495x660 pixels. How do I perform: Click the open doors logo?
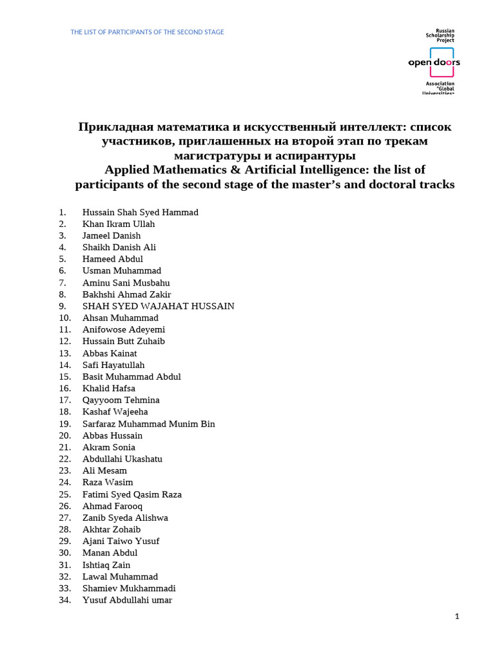pyautogui.click(x=434, y=63)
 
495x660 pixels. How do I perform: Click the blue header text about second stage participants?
pyautogui.click(x=148, y=32)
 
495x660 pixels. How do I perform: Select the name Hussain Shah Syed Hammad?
pyautogui.click(x=140, y=212)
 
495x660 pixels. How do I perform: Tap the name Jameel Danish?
pyautogui.click(x=111, y=236)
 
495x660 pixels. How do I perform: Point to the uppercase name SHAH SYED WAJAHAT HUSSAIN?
pyautogui.click(x=158, y=306)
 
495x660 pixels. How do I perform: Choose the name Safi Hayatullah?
pyautogui.click(x=113, y=365)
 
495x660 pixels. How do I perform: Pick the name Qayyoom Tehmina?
pyautogui.click(x=121, y=400)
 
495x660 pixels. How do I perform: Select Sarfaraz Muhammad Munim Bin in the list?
pyautogui.click(x=148, y=424)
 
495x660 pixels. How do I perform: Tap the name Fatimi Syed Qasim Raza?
pyautogui.click(x=131, y=494)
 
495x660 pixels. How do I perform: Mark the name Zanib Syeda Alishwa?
pyautogui.click(x=124, y=518)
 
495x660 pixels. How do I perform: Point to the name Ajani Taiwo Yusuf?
pyautogui.click(x=121, y=541)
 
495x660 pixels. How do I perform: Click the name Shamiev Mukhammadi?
pyautogui.click(x=129, y=588)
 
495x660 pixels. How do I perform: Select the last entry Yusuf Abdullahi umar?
pyautogui.click(x=127, y=600)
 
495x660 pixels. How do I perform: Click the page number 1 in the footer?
pyautogui.click(x=457, y=617)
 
